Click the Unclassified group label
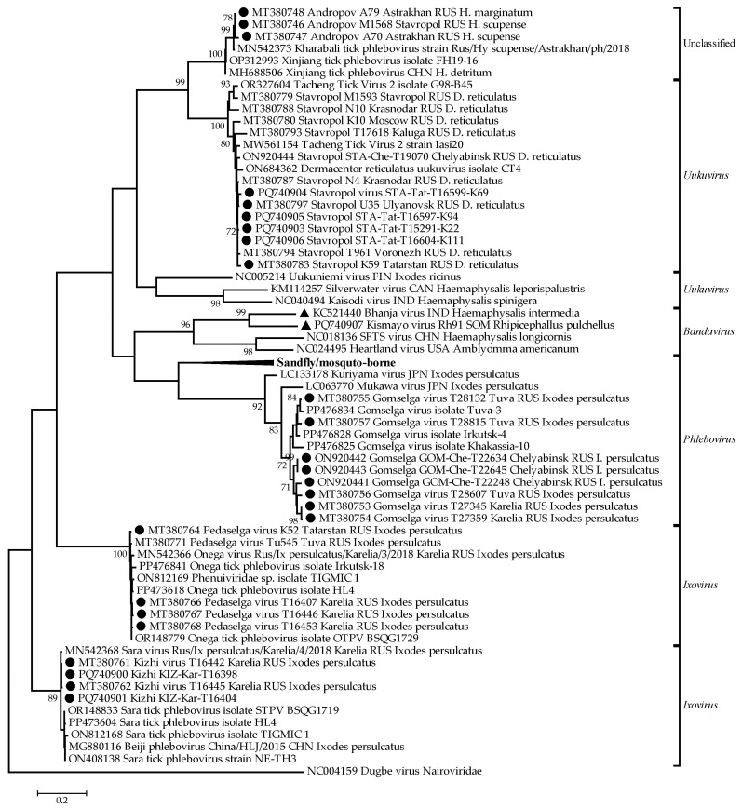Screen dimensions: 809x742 [708, 44]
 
